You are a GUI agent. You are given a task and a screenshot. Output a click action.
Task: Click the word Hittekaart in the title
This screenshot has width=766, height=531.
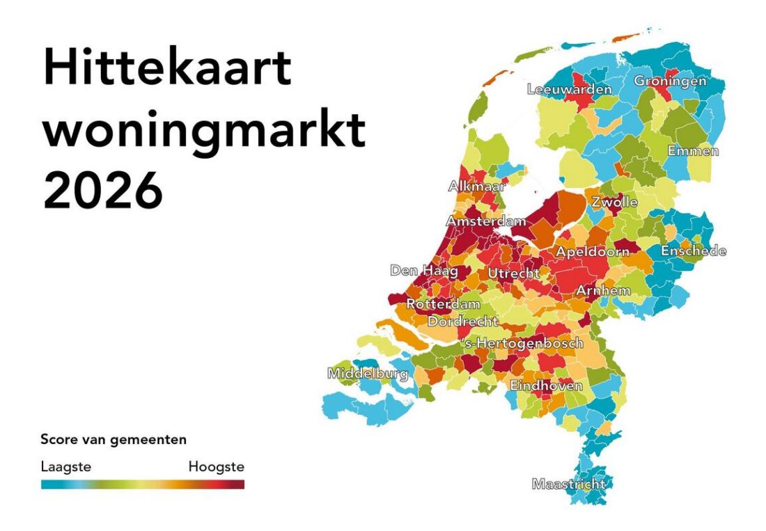pyautogui.click(x=167, y=68)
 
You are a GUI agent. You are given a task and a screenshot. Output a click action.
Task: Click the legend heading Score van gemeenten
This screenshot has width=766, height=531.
pyautogui.click(x=114, y=440)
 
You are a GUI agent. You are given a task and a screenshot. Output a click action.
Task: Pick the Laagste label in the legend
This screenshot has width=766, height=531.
pyautogui.click(x=65, y=466)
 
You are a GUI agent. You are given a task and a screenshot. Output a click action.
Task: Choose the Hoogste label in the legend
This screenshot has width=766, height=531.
pyautogui.click(x=216, y=466)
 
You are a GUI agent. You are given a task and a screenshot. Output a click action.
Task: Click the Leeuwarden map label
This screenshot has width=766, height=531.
pyautogui.click(x=569, y=89)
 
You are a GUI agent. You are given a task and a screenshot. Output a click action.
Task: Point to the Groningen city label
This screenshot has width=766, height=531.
pyautogui.click(x=669, y=81)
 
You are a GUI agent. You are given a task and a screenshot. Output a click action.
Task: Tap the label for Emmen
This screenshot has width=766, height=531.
pyautogui.click(x=693, y=151)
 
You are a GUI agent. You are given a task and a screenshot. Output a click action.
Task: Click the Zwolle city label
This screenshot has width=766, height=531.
pyautogui.click(x=614, y=203)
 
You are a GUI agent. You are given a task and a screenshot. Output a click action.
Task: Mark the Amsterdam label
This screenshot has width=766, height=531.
pyautogui.click(x=486, y=221)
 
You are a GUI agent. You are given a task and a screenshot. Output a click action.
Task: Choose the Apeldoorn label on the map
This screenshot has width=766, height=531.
pyautogui.click(x=592, y=252)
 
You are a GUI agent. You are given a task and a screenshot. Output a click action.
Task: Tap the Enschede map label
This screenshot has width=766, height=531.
pyautogui.click(x=693, y=251)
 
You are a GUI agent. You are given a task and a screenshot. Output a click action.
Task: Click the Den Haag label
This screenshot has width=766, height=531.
pyautogui.click(x=423, y=271)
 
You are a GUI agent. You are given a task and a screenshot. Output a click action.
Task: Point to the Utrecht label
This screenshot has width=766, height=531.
pyautogui.click(x=513, y=274)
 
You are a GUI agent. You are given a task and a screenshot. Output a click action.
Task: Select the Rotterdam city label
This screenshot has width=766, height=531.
pyautogui.click(x=443, y=305)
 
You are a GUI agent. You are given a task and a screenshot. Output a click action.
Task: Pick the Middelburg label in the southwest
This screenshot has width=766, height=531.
pyautogui.click(x=368, y=374)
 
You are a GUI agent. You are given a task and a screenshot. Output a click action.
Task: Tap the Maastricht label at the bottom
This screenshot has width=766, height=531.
pyautogui.click(x=568, y=484)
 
